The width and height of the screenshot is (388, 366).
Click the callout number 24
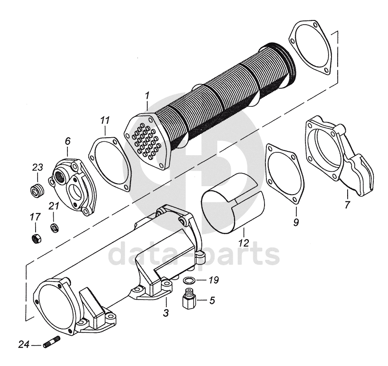click(24, 344)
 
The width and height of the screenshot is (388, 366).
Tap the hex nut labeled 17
click(37, 238)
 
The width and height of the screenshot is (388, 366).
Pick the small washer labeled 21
click(54, 227)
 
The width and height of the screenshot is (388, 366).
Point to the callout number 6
click(67, 141)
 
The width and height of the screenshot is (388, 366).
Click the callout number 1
click(147, 95)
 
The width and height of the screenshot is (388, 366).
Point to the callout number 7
click(348, 205)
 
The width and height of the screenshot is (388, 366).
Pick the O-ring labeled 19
click(189, 281)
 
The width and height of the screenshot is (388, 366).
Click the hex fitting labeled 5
click(189, 298)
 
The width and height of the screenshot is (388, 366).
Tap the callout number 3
click(166, 312)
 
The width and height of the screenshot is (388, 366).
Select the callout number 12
click(244, 243)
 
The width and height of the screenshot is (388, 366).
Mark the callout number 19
click(214, 280)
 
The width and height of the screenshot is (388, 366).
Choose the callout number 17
click(36, 217)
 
